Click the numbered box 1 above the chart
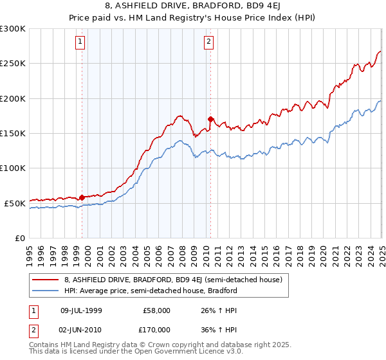coord(80,43)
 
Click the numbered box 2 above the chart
coord(210,43)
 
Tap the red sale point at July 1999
coord(82,197)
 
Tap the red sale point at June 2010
coord(210,119)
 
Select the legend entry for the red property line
coord(173,280)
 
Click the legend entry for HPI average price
coord(151,291)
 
